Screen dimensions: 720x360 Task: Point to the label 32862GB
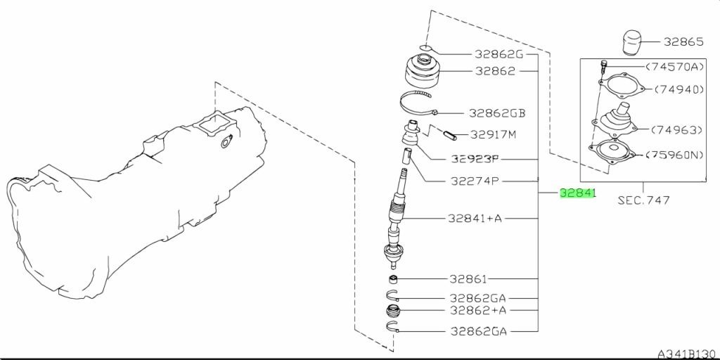[498, 112]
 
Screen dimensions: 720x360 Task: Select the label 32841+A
[475, 218]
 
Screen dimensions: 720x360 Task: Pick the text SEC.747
[643, 200]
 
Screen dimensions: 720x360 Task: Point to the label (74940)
[679, 90]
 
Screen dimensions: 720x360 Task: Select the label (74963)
[677, 129]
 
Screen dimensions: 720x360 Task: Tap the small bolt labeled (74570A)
[604, 67]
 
